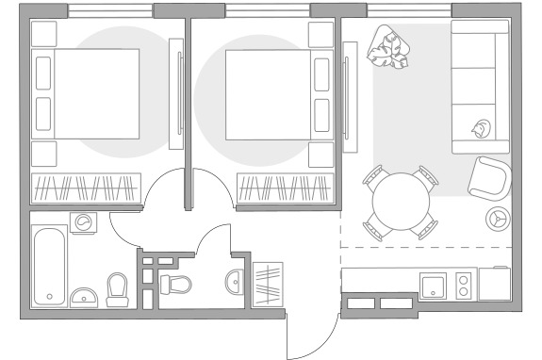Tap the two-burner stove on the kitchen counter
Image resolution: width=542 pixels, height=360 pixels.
click(x=464, y=286)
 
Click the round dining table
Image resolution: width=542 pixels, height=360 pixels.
click(x=402, y=202)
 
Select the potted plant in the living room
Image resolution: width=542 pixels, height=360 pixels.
click(x=390, y=47)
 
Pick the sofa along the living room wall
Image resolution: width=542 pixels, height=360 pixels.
click(x=480, y=87)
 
